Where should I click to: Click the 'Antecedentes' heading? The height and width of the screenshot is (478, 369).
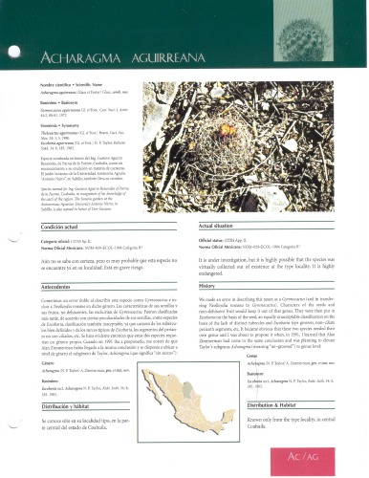click(80, 285)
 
